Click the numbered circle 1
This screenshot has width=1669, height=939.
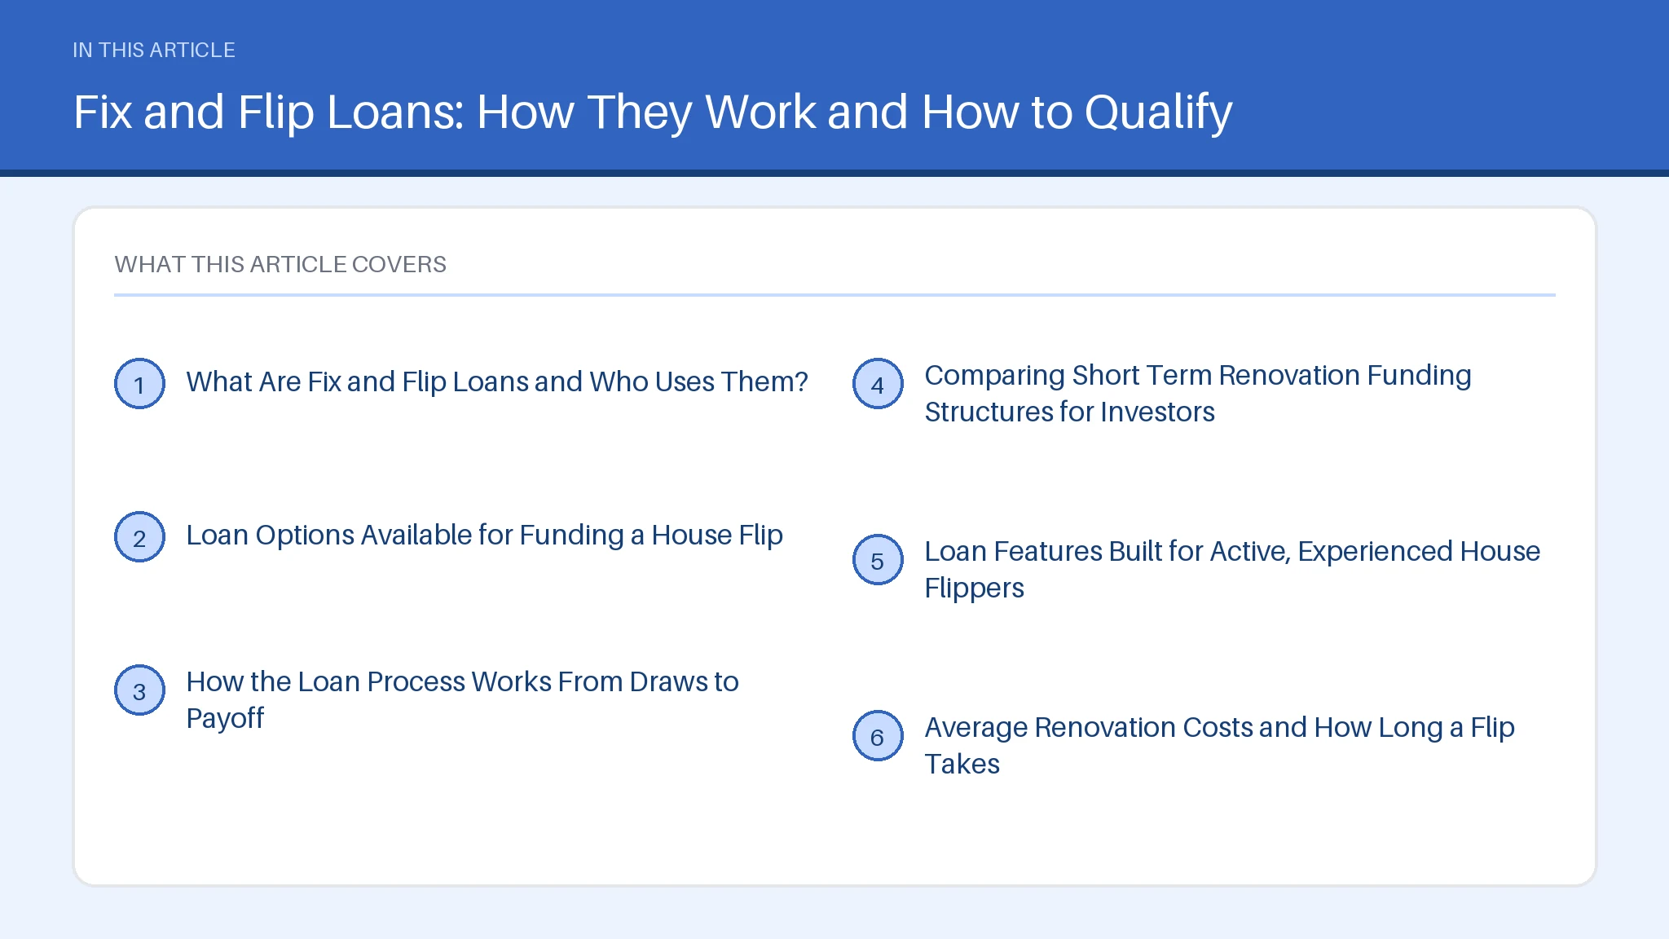pos(139,384)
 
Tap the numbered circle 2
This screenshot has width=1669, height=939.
pos(139,537)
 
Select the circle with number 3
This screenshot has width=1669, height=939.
pos(139,690)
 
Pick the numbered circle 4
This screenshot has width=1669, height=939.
pos(878,384)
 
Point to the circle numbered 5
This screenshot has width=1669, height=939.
pos(878,560)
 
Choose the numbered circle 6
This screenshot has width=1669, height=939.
pos(878,736)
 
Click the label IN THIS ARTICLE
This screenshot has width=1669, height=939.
pos(154,50)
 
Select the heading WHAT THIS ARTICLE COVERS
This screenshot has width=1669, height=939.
pos(280,264)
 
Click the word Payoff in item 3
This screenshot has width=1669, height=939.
pos(225,719)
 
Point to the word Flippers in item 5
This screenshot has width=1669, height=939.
pos(974,589)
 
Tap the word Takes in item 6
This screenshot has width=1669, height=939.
pos(962,764)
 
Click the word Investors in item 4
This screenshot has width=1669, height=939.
pos(1157,412)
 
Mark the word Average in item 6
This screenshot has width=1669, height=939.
pos(975,728)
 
